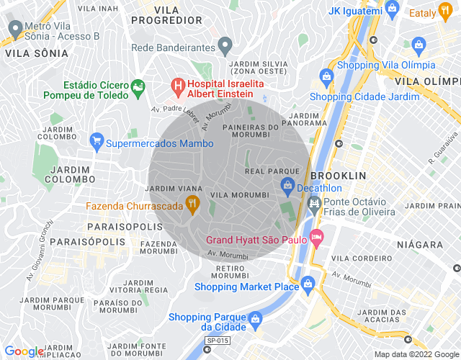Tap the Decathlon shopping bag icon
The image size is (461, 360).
(x=287, y=189)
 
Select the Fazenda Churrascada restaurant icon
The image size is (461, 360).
(x=192, y=204)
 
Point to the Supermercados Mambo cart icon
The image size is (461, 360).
(x=96, y=141)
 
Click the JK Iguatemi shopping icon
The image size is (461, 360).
(x=392, y=9)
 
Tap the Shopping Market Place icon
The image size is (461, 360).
(x=308, y=284)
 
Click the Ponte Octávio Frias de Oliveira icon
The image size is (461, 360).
(x=314, y=206)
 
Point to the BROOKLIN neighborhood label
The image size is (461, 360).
(x=338, y=176)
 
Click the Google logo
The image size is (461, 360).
(x=24, y=351)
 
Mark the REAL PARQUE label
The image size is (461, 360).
(x=272, y=171)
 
